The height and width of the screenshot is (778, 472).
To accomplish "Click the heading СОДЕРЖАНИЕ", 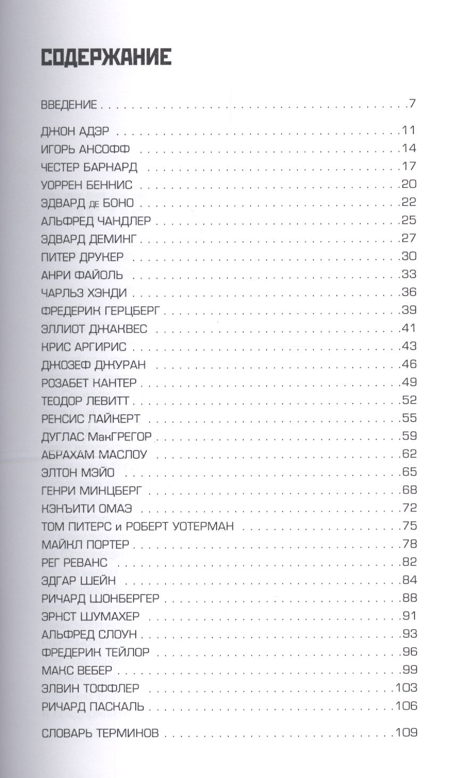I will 106,57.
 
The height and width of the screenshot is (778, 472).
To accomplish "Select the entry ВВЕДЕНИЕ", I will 69,104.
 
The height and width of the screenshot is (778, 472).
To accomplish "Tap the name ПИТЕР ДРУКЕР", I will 82,257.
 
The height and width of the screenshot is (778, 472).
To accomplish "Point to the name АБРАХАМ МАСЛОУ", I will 94,455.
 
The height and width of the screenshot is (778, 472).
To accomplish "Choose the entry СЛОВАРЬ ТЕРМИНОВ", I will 100,733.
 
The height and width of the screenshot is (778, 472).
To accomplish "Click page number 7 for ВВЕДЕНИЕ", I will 412,104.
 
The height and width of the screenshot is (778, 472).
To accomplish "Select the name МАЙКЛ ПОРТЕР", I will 85,545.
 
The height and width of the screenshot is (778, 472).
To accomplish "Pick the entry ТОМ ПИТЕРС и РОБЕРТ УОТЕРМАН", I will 137,526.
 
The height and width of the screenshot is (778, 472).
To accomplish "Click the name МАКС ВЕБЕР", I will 77,670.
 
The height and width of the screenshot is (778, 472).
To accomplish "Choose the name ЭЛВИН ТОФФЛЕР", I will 90,688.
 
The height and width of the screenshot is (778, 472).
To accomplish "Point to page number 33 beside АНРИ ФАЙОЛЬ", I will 409,274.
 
